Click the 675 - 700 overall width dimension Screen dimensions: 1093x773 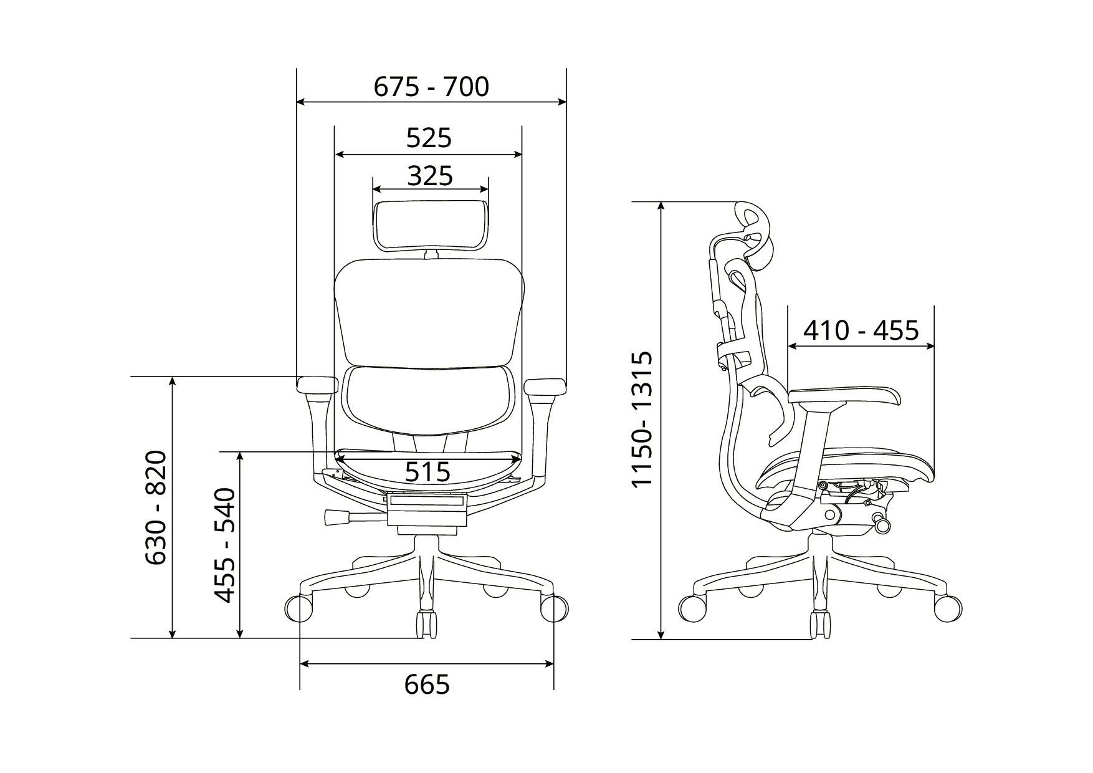click(431, 87)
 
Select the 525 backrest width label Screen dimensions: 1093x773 click(429, 138)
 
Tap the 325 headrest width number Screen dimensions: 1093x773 click(430, 176)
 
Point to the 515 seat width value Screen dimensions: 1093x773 click(427, 472)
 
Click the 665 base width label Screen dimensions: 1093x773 click(427, 684)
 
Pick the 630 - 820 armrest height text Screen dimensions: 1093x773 click(156, 507)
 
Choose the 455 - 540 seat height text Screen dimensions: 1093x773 click(225, 545)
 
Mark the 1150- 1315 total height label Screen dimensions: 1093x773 click(641, 420)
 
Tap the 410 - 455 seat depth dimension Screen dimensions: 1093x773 click(861, 330)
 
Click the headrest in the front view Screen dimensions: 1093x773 click(431, 224)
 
